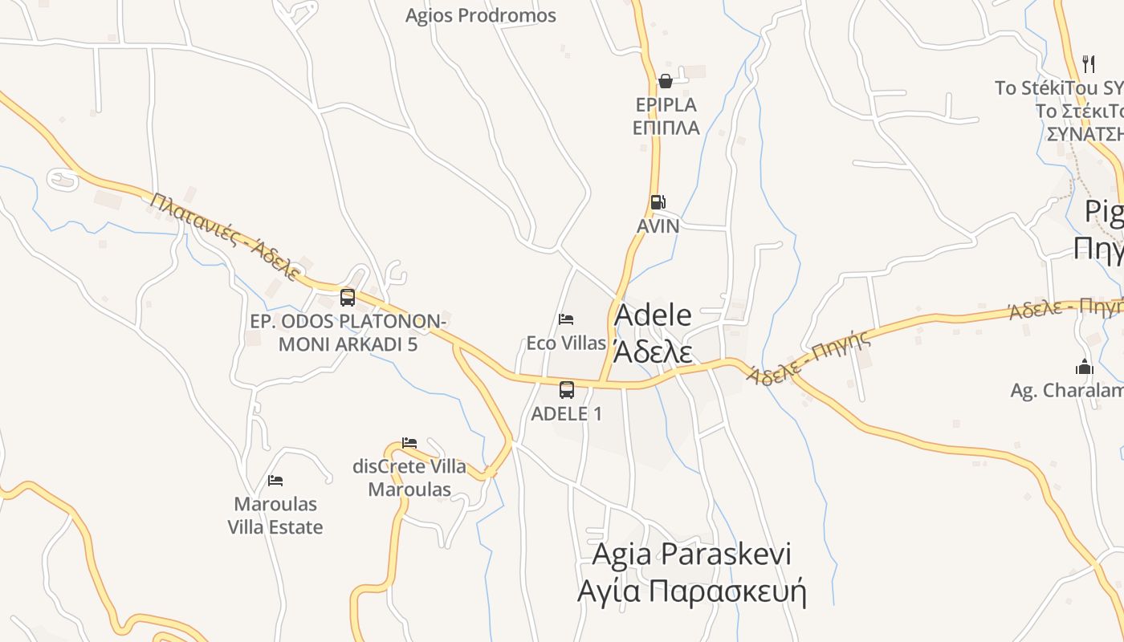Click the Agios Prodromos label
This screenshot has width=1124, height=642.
click(x=480, y=15)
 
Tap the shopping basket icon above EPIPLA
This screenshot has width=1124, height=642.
click(x=665, y=80)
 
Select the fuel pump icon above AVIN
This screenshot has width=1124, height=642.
click(x=658, y=202)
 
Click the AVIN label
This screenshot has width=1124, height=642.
click(x=658, y=226)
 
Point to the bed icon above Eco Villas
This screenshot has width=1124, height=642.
click(x=566, y=319)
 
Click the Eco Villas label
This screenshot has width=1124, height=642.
click(x=566, y=343)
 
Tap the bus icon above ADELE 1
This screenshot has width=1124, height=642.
click(x=567, y=390)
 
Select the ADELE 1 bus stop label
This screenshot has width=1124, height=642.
click(x=567, y=413)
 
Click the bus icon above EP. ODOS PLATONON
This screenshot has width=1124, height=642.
click(x=347, y=297)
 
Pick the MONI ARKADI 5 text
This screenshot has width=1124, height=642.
click(x=348, y=344)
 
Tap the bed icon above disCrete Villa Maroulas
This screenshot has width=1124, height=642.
click(x=409, y=442)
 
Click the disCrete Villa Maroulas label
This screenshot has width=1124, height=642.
click(x=409, y=477)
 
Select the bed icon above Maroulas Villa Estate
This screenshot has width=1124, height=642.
click(x=275, y=481)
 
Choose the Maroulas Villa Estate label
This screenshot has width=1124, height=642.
click(x=275, y=516)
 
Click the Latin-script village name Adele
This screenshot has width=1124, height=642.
click(x=653, y=315)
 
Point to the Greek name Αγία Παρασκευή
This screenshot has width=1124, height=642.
click(x=691, y=591)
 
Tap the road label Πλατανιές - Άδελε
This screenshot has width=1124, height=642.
click(x=225, y=237)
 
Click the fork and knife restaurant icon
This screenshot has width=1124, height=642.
click(x=1089, y=63)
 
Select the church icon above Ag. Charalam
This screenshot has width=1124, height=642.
click(x=1085, y=368)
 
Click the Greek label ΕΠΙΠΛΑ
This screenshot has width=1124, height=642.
click(x=666, y=128)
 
